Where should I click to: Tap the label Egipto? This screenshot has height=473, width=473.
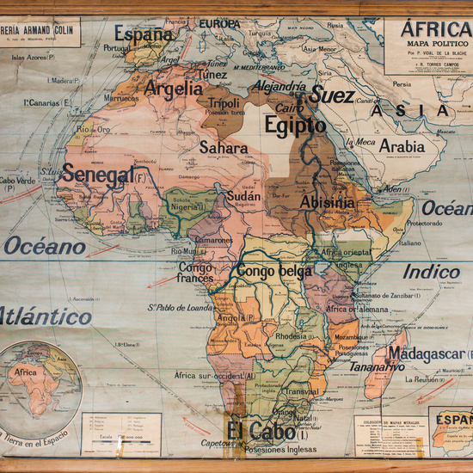point(295,126)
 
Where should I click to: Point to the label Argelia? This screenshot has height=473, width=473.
point(174,88)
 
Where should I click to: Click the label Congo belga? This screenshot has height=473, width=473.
point(273,272)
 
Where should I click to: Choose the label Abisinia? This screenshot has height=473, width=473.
point(326,201)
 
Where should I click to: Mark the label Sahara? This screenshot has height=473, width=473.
point(224,148)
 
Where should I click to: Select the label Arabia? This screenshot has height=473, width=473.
point(402,146)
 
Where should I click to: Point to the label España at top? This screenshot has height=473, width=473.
point(144,35)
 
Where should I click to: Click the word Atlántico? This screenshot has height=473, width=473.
point(45,316)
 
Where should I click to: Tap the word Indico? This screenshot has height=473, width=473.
point(432,272)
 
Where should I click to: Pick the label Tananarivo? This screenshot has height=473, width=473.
point(376,367)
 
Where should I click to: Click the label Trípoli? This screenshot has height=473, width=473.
point(224,103)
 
